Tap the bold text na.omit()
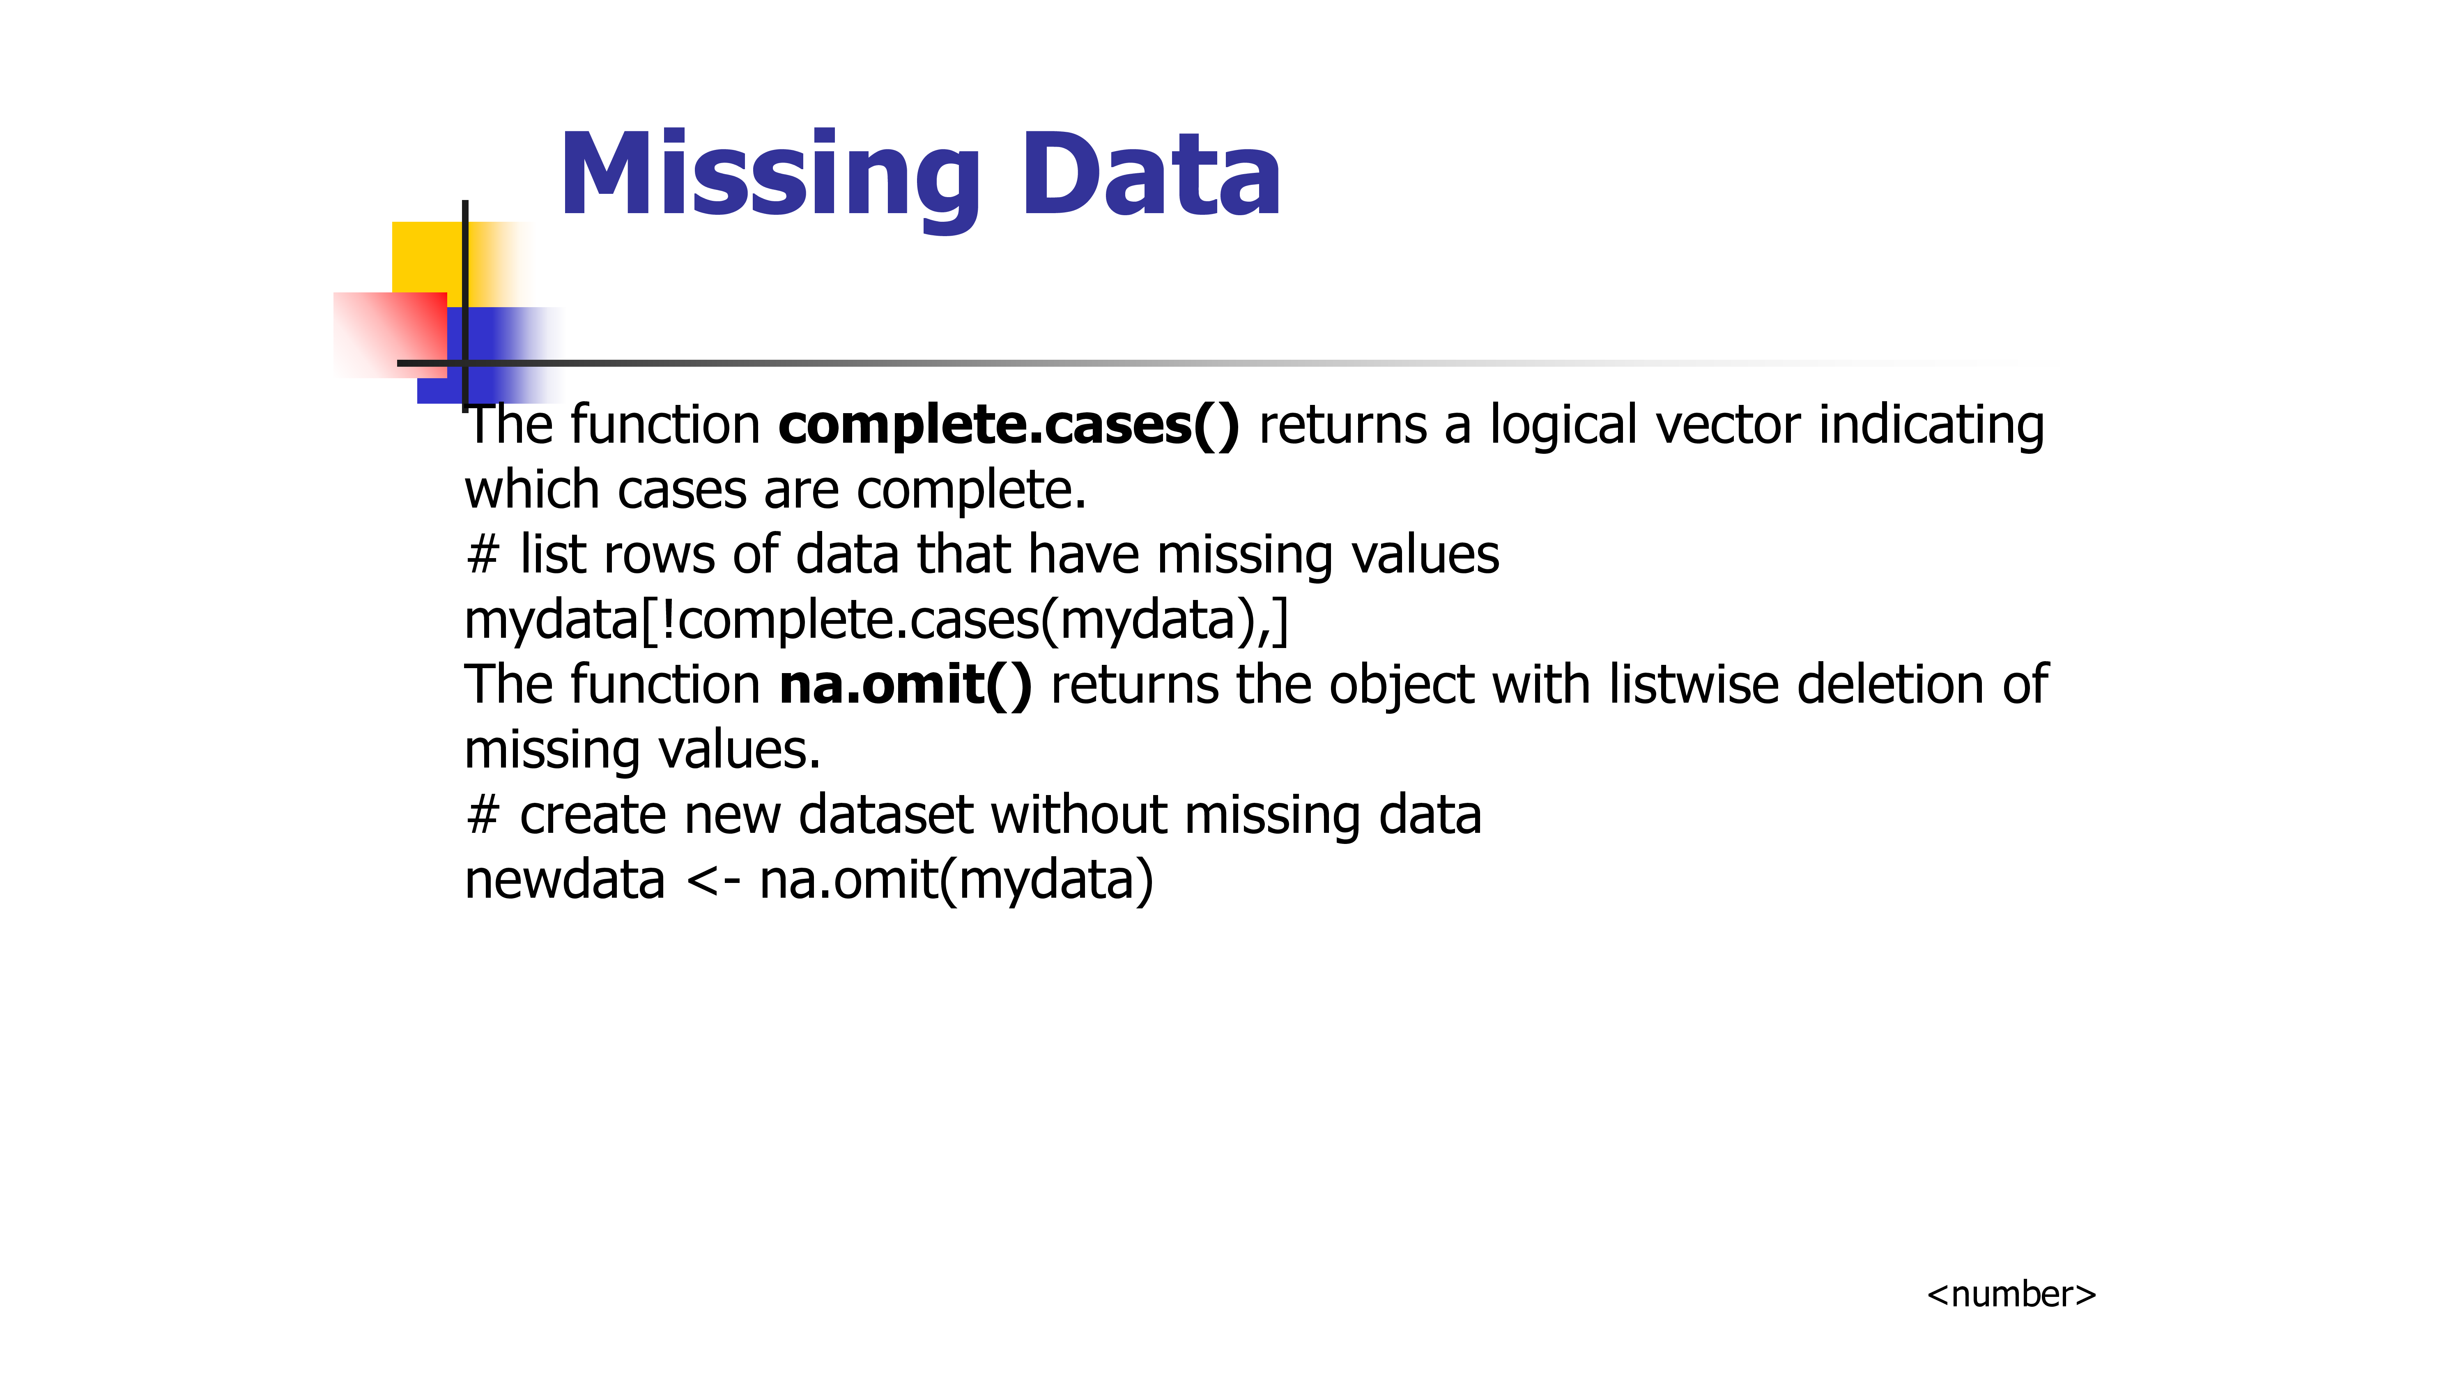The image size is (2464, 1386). pyautogui.click(x=905, y=685)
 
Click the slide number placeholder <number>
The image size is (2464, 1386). pyautogui.click(x=2011, y=1294)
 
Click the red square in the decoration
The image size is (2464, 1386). pyautogui.click(x=390, y=335)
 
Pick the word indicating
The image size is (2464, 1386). pyautogui.click(x=1931, y=427)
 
